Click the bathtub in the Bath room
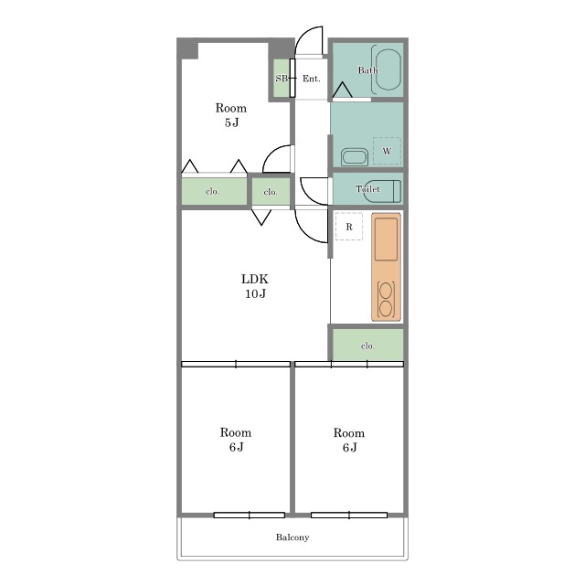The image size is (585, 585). click(388, 69)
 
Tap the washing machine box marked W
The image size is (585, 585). click(387, 151)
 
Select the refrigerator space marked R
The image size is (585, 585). click(349, 227)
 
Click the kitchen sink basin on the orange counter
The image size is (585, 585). click(386, 239)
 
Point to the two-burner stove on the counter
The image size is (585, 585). click(386, 300)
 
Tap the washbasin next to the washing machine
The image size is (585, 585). click(355, 156)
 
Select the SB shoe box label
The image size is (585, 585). click(282, 79)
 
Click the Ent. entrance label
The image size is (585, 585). click(311, 79)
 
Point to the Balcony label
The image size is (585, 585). click(292, 537)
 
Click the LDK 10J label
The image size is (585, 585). click(255, 286)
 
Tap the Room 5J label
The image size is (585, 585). click(231, 115)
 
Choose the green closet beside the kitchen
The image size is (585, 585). click(367, 346)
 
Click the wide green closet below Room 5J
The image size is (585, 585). click(214, 191)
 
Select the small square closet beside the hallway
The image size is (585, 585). click(271, 191)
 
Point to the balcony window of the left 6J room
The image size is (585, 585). click(250, 516)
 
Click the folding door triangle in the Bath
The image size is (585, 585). click(342, 90)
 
